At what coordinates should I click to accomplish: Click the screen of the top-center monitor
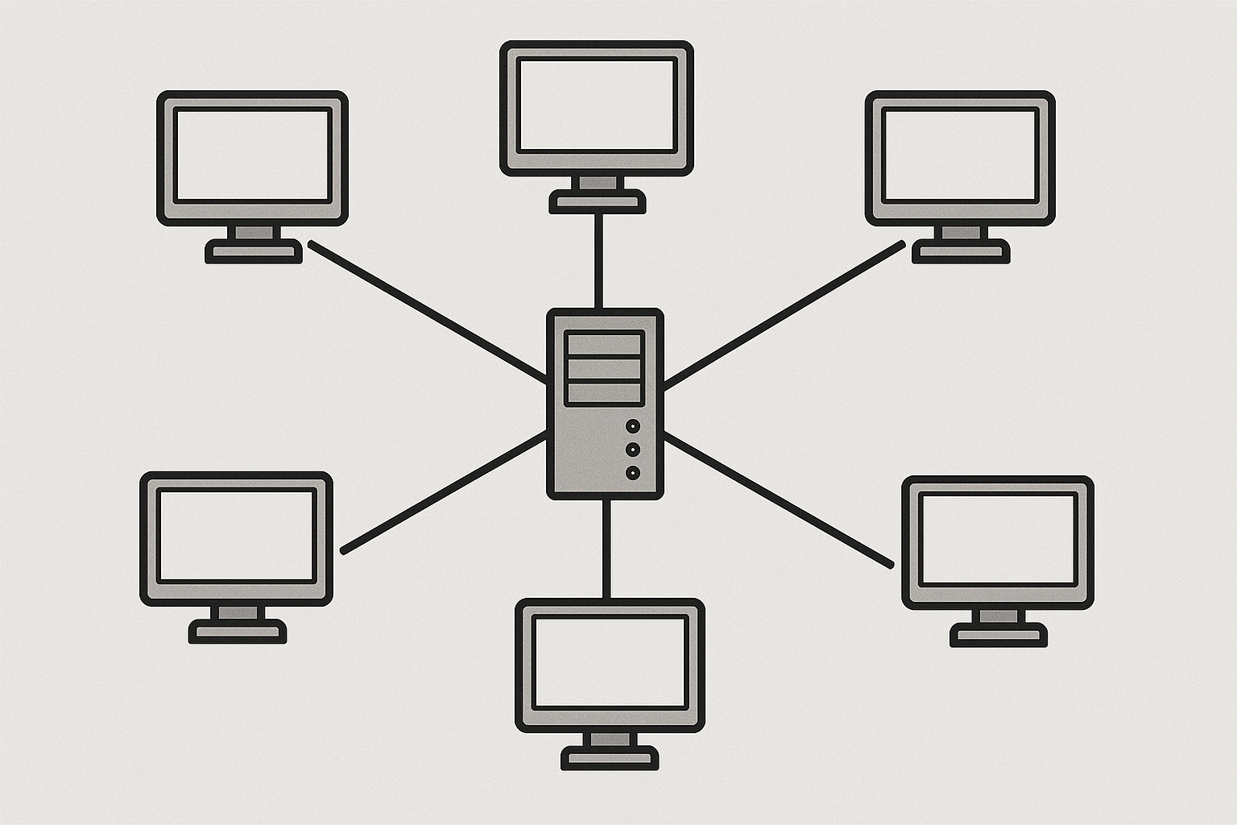597,105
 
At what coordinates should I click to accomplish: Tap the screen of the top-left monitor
252,155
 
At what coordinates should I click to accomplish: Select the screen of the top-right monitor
959,155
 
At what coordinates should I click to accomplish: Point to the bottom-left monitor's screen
236,535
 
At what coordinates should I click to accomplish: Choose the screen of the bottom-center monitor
610,662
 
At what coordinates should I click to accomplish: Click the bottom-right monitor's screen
998,539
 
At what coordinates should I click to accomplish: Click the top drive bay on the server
604,343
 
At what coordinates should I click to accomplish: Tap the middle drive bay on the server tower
604,369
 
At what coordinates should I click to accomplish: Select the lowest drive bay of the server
604,393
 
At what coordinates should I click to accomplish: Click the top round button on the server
633,425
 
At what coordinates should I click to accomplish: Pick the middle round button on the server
633,449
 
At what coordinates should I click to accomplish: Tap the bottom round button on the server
633,473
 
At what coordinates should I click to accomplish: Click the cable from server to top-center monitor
598,259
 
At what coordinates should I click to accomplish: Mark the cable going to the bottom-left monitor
443,492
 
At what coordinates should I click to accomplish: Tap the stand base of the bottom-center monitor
610,758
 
